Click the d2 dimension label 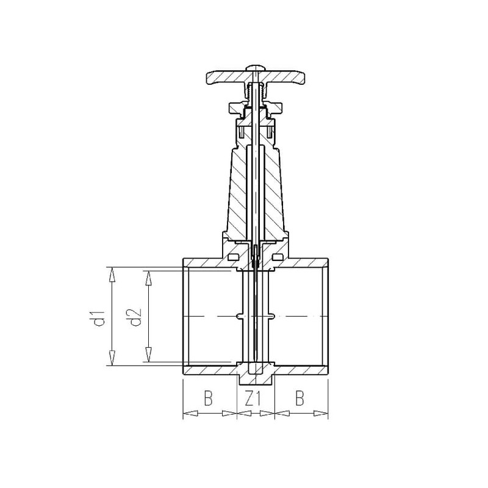pos(135,317)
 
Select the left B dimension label pos(208,398)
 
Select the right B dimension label pos(300,398)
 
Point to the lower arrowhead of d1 pos(112,358)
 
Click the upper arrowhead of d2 pos(149,278)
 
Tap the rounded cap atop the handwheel pos(255,68)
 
